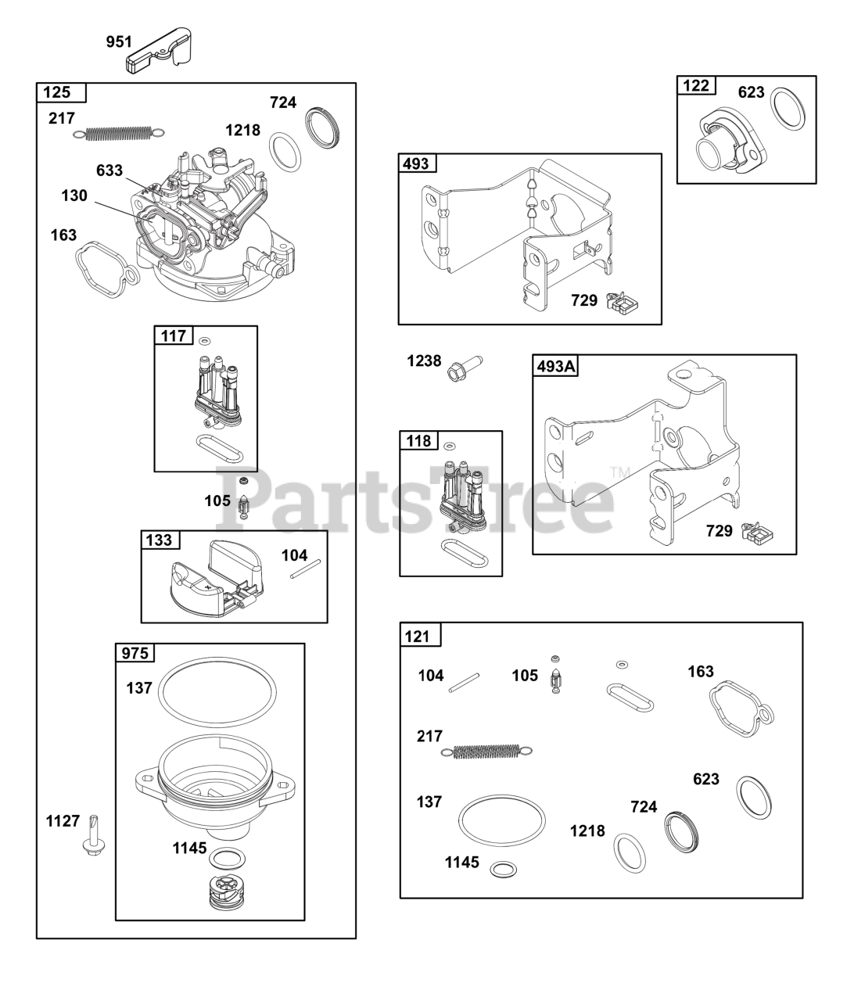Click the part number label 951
(x=119, y=41)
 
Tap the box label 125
(x=57, y=92)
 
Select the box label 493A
(x=556, y=365)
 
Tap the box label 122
(x=696, y=85)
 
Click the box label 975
(x=135, y=653)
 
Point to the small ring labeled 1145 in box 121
(x=502, y=869)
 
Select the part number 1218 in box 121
(x=587, y=831)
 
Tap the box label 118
(x=418, y=441)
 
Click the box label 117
(x=173, y=335)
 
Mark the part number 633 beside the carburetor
(x=109, y=170)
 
